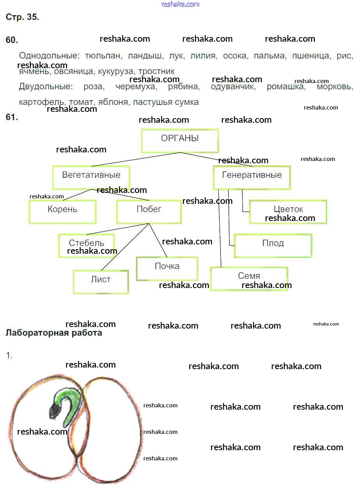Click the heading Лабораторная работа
[x=54, y=333]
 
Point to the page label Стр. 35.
[x=22, y=17]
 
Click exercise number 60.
[x=12, y=40]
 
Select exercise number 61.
[x=12, y=117]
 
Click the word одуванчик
[x=233, y=87]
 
